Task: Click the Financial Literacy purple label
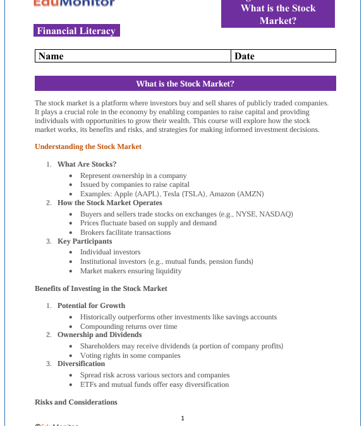click(x=76, y=30)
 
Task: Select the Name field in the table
click(x=133, y=56)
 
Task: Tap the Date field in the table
click(x=283, y=56)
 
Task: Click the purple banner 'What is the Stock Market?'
click(x=185, y=83)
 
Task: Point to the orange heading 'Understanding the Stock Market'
click(x=88, y=146)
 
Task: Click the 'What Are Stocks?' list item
click(x=87, y=164)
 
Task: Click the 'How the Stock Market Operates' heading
click(x=109, y=203)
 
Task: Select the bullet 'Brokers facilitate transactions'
click(x=125, y=232)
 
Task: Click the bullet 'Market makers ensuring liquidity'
click(x=130, y=271)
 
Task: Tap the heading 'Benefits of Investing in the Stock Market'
click(x=101, y=288)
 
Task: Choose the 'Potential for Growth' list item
click(x=91, y=305)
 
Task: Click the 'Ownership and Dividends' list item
click(x=99, y=334)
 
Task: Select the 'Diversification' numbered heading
click(x=81, y=364)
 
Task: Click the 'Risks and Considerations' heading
click(x=76, y=402)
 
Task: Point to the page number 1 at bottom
click(x=183, y=418)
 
